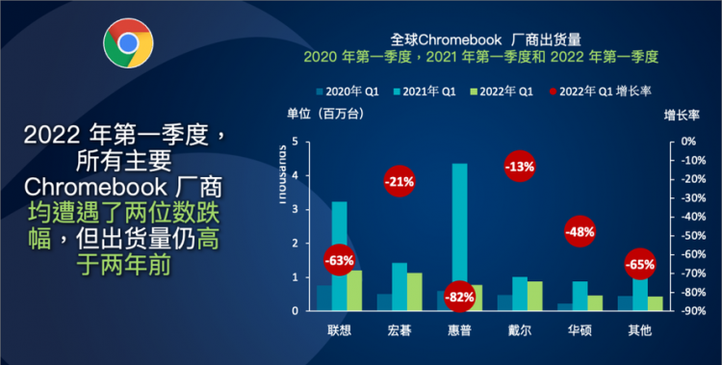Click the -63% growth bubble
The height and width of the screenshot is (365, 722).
[339, 260]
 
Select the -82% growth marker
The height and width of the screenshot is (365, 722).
[460, 297]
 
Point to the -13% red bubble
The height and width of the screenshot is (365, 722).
[520, 167]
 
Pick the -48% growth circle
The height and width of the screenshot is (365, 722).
[580, 231]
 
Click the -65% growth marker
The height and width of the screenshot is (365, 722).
[639, 263]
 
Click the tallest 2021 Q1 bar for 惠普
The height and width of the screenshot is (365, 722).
[460, 231]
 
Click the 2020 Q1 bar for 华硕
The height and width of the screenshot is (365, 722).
[564, 307]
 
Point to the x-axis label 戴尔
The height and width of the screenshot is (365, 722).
[520, 329]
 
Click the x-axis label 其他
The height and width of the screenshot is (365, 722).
[639, 329]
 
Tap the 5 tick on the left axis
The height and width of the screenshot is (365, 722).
[295, 142]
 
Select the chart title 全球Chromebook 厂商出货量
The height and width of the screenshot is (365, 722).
[479, 39]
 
